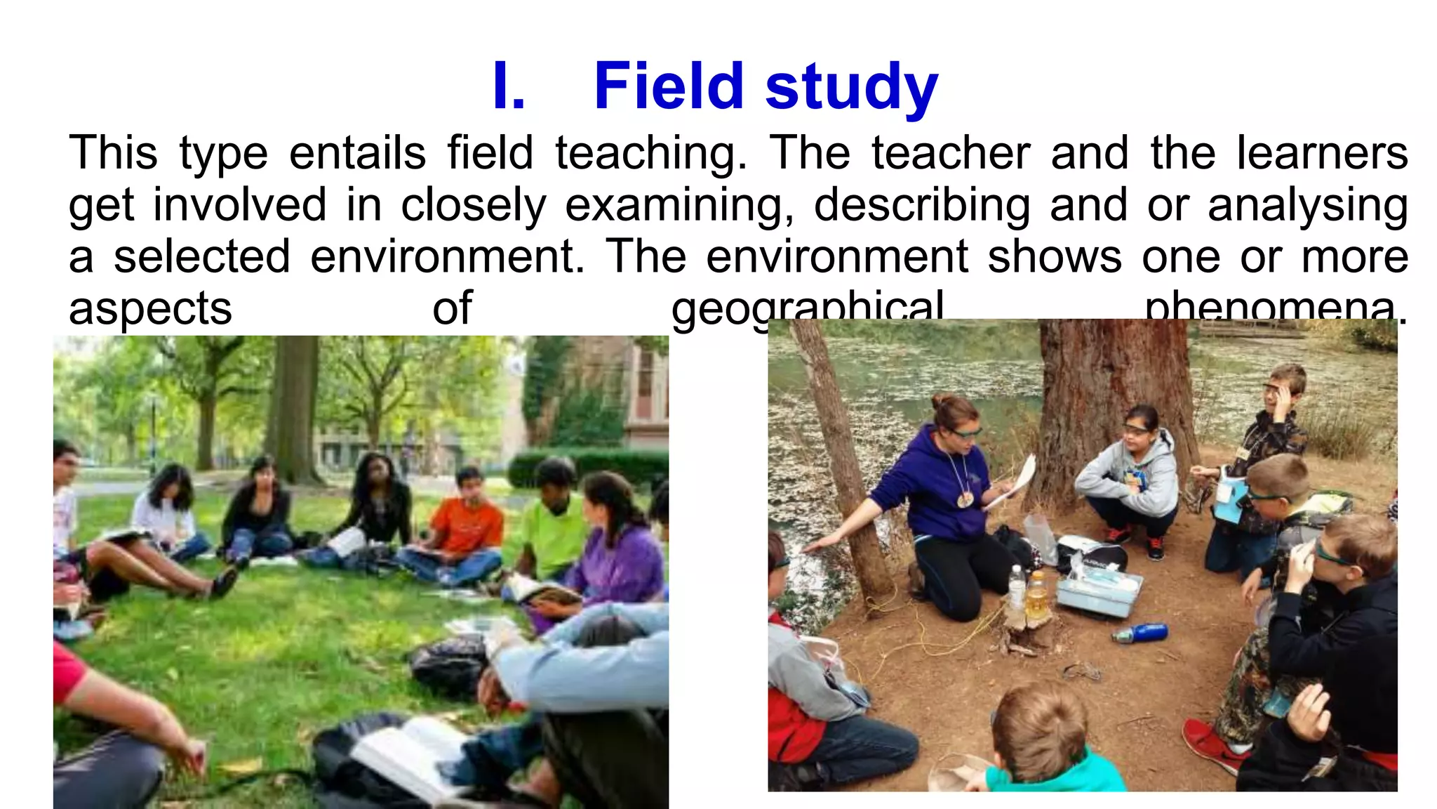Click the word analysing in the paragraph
click(x=1308, y=205)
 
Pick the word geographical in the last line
click(x=807, y=308)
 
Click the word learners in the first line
click(x=1322, y=153)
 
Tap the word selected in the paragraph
click(x=201, y=256)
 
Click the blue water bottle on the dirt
click(x=1140, y=633)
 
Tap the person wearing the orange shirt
click(x=466, y=523)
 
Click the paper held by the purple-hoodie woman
click(x=1015, y=482)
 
